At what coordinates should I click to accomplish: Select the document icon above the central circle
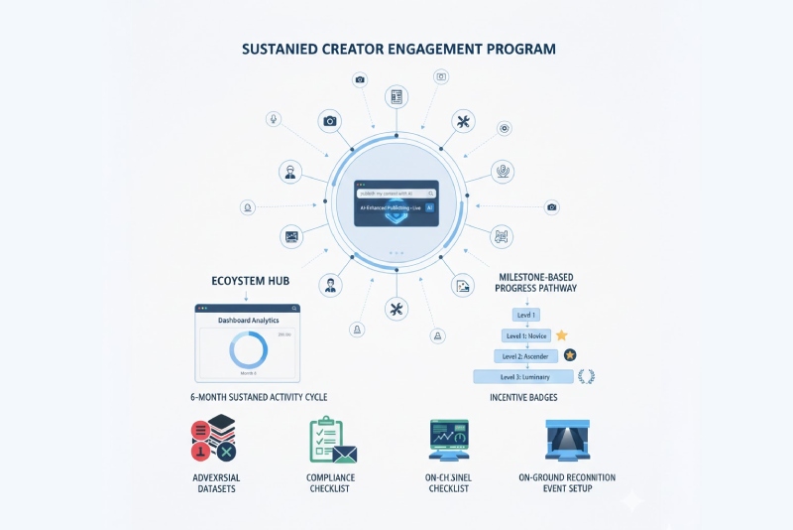pyautogui.click(x=396, y=96)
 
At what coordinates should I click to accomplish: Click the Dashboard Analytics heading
pyautogui.click(x=248, y=321)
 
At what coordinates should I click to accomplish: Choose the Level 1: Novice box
pyautogui.click(x=524, y=335)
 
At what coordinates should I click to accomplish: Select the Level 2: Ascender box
pyautogui.click(x=524, y=355)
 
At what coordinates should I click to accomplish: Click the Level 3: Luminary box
pyautogui.click(x=524, y=376)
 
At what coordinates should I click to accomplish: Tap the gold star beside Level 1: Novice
pyautogui.click(x=562, y=335)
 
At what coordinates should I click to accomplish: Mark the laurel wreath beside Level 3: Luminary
pyautogui.click(x=586, y=376)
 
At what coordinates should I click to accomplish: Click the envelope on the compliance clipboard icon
pyautogui.click(x=344, y=454)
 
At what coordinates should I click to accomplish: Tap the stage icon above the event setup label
pyautogui.click(x=567, y=439)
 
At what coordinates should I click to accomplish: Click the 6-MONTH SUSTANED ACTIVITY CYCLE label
pyautogui.click(x=259, y=397)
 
